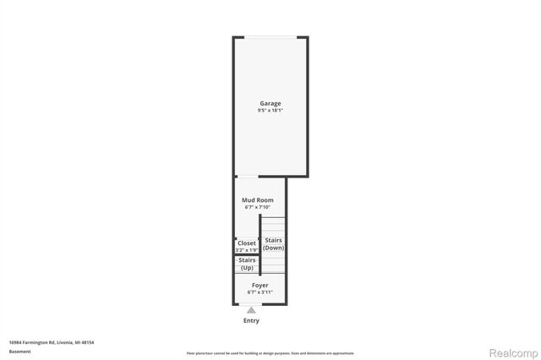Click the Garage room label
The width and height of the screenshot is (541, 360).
270,104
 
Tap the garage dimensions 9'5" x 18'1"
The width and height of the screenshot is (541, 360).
270,111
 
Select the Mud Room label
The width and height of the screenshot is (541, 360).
258,200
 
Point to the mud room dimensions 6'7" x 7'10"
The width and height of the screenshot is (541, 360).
258,207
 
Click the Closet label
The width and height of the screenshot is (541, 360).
246,243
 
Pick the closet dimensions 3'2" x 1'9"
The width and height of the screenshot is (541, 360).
246,250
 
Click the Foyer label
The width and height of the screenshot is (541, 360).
260,286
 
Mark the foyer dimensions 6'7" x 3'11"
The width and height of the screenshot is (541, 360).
260,292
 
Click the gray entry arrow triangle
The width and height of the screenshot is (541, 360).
251,310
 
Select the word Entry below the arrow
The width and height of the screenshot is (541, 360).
251,321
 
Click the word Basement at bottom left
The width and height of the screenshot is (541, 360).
18,351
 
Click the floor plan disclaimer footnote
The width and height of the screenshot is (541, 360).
270,353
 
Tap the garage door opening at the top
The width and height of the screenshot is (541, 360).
270,37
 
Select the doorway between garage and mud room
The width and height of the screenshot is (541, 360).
247,177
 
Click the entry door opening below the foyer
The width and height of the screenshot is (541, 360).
251,304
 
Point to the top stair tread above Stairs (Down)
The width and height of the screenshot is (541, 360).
273,219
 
